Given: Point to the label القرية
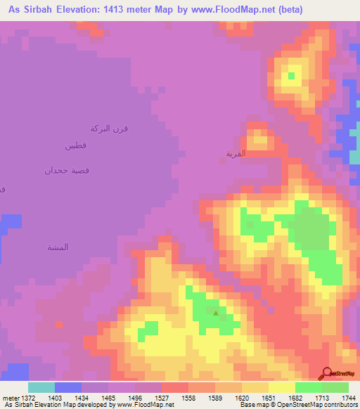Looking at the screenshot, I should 235,153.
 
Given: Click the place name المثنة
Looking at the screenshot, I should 57,247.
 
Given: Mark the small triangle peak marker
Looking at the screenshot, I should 215,311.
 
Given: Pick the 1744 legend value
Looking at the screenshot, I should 348,397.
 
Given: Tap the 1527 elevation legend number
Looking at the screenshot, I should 162,397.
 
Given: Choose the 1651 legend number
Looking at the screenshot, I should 268,397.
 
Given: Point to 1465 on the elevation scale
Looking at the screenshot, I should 108,397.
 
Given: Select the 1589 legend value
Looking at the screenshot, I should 215,397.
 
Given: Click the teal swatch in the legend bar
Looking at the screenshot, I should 41,387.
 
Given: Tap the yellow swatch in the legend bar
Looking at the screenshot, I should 281,387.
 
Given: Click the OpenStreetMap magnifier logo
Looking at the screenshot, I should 326,373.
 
